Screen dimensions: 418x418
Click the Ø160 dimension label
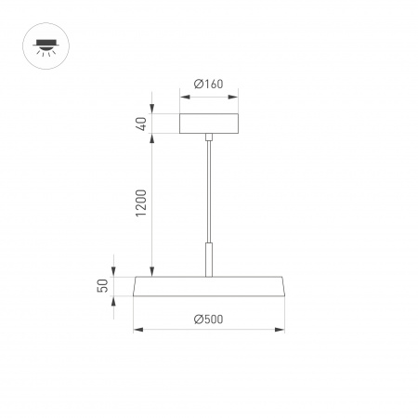click(209, 85)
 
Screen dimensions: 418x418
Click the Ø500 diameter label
click(209, 319)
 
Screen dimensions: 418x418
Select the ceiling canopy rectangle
click(209, 124)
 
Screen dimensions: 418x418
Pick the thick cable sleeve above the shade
click(209, 259)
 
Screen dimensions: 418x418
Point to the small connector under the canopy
click(209, 138)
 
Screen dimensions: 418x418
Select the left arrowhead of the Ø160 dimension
click(182, 93)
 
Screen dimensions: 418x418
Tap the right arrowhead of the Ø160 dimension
click(236, 93)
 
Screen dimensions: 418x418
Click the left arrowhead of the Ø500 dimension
click(137, 328)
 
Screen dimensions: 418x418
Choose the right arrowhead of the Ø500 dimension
click(281, 328)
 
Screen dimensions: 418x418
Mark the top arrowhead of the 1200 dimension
click(152, 137)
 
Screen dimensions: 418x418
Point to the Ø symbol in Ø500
click(199, 319)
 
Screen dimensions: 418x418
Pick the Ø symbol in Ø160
click(199, 85)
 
